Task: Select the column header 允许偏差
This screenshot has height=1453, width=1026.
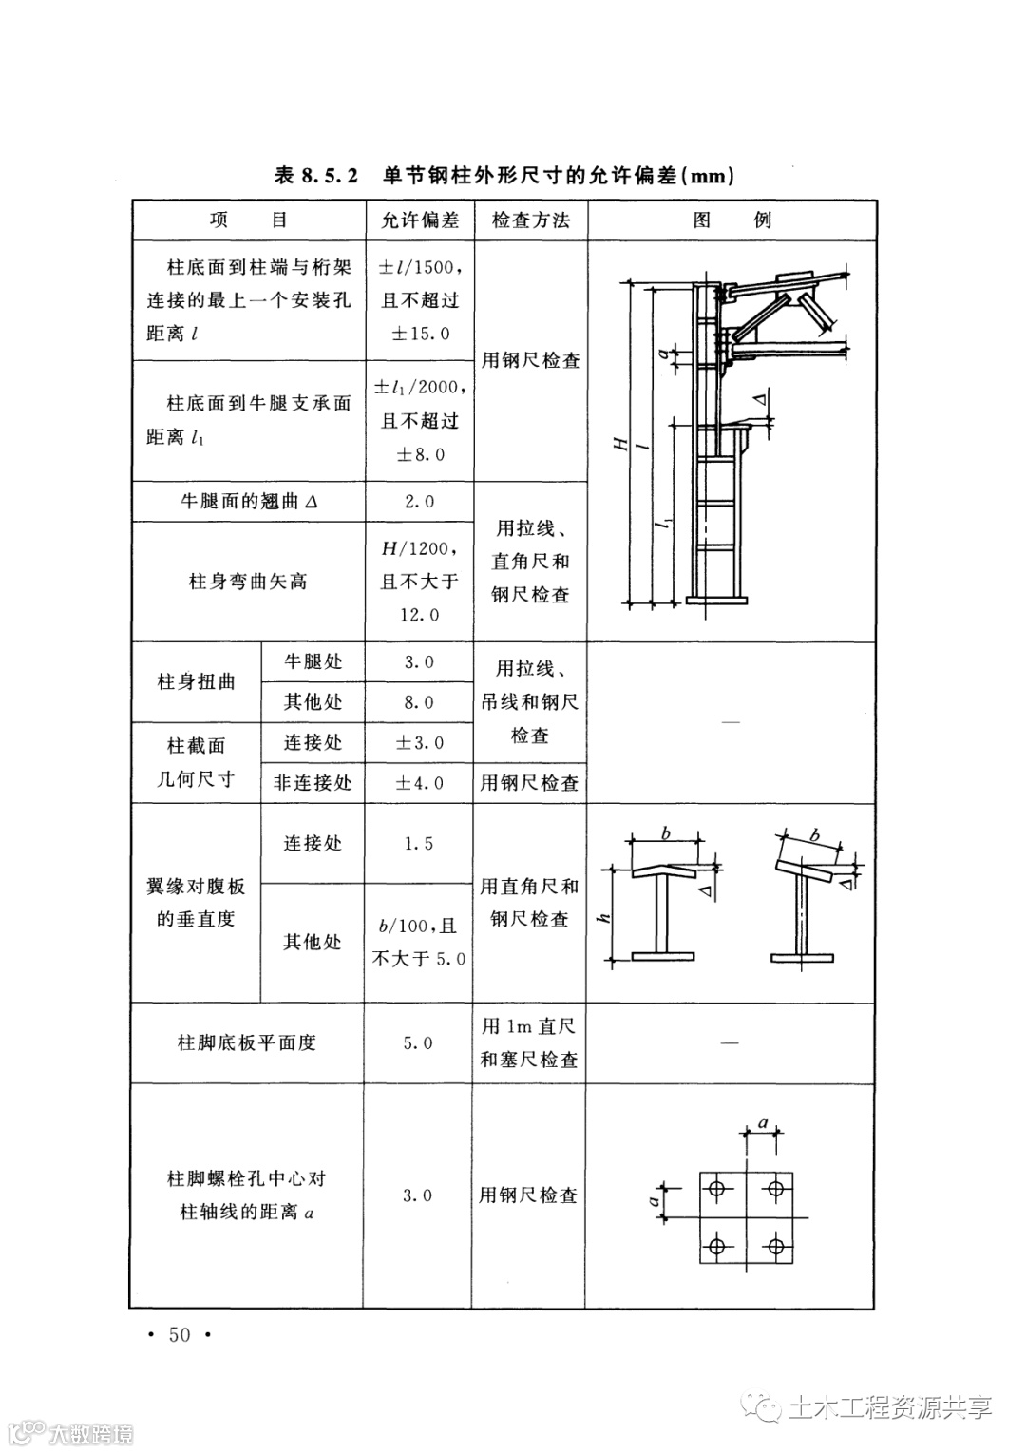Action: tap(419, 220)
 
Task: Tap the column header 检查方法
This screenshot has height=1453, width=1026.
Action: tap(530, 220)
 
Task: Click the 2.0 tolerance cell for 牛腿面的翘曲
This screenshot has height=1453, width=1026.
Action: tap(419, 502)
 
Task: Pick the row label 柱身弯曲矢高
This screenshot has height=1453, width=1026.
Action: tap(248, 582)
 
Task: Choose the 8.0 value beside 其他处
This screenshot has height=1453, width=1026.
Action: tap(419, 702)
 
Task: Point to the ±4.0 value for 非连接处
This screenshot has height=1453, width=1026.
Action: tap(419, 783)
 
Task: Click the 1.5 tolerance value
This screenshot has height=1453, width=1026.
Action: tap(419, 844)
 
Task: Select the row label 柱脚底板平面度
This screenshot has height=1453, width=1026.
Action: tap(247, 1042)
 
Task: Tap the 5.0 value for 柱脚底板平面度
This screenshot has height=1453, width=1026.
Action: tap(418, 1043)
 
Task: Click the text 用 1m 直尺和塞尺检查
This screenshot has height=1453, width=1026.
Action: tap(529, 1042)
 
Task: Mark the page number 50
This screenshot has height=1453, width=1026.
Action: tap(180, 1335)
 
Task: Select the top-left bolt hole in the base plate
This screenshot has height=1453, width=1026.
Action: tap(717, 1187)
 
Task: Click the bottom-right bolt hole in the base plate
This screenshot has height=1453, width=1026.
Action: tap(776, 1245)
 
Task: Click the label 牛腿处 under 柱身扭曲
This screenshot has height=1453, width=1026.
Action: tap(313, 661)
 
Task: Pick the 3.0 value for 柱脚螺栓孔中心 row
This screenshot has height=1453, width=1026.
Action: tap(418, 1195)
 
